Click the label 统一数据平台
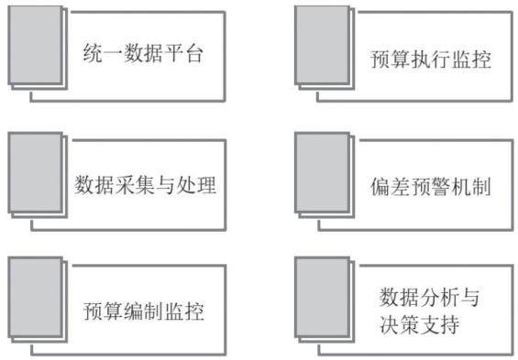(143, 53)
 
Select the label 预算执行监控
(431, 60)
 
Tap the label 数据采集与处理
(145, 185)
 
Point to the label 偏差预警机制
(431, 187)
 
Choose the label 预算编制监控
(143, 311)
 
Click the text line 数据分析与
(429, 298)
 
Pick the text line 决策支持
(419, 324)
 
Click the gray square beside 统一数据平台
(36, 45)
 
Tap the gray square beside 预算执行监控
(322, 45)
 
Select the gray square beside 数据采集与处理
(36, 172)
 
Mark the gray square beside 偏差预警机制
(322, 172)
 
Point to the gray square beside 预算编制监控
(36, 298)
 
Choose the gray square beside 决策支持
(322, 298)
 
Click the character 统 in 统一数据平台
(93, 53)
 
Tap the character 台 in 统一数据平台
(193, 53)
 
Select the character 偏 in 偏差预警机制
(380, 187)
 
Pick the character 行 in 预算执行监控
(440, 60)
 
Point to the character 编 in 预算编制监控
(134, 311)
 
